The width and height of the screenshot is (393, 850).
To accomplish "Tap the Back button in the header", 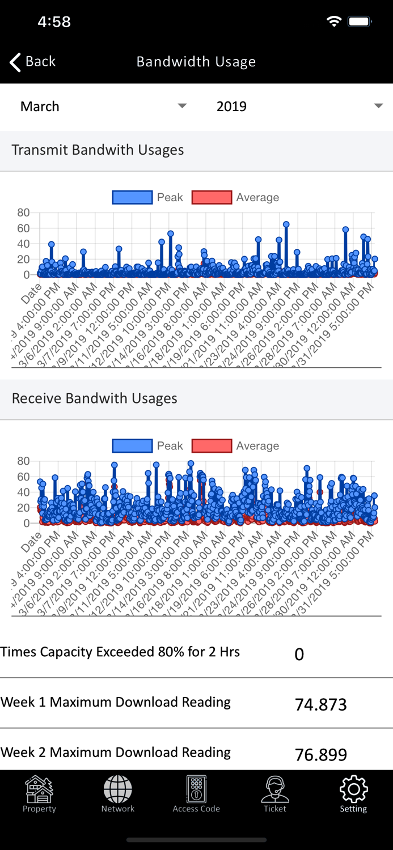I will click(32, 62).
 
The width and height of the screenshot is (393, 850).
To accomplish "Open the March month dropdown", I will click(103, 107).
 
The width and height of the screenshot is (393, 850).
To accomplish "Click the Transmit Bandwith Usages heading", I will click(98, 150).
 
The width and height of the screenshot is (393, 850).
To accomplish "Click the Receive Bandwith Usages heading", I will click(94, 399).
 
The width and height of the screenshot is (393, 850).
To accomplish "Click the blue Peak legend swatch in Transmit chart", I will click(132, 197).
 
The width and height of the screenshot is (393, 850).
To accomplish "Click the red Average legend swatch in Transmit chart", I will click(212, 197).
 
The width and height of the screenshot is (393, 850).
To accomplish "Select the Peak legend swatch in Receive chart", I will click(132, 446).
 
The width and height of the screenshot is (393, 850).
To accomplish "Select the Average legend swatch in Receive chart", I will click(212, 446).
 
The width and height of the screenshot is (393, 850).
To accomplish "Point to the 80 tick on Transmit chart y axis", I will click(23, 213).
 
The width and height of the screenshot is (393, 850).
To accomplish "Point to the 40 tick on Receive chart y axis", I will click(23, 492).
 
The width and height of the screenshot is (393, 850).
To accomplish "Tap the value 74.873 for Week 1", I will click(320, 704).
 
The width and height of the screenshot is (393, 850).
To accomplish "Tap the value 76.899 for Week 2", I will click(320, 755).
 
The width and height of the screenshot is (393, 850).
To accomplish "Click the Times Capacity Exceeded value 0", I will click(299, 654).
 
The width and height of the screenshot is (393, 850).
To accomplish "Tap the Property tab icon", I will click(39, 789).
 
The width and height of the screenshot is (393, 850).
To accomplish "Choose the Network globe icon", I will click(118, 789).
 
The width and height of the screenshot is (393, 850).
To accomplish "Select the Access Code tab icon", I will click(196, 789).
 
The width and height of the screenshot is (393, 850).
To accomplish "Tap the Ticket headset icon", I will click(275, 789).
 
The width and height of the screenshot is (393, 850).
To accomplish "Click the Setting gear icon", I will click(353, 789).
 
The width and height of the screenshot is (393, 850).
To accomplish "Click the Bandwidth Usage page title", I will click(196, 62).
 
